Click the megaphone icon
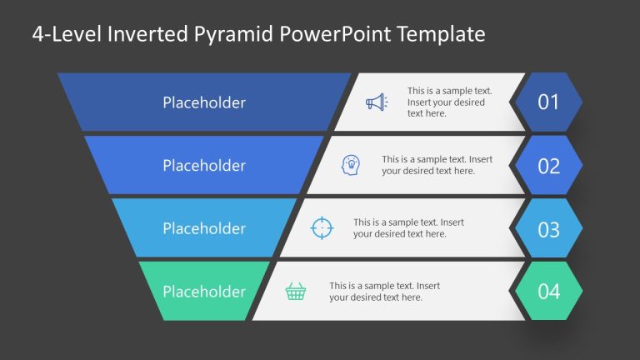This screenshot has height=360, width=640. (377, 102)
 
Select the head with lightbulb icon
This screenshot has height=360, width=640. (351, 165)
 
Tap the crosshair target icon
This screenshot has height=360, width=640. (322, 227)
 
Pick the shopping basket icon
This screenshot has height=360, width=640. (296, 291)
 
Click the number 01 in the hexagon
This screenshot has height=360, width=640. (548, 102)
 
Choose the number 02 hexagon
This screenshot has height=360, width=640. (548, 166)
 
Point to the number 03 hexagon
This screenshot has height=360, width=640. (548, 228)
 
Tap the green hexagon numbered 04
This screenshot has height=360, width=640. (548, 292)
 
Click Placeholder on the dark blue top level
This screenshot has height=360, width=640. (204, 102)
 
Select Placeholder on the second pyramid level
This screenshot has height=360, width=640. (204, 166)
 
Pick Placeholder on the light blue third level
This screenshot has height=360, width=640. (204, 228)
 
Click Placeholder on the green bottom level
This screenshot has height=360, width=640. (204, 292)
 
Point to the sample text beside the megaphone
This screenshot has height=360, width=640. (449, 102)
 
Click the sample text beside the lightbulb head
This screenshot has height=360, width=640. (437, 165)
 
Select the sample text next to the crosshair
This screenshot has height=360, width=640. (408, 228)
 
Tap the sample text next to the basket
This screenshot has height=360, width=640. (384, 292)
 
